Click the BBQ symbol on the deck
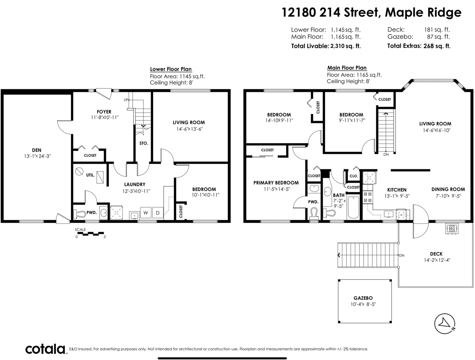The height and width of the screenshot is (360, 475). pyautogui.click(x=452, y=229)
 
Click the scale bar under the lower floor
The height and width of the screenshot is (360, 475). pyautogui.click(x=91, y=234)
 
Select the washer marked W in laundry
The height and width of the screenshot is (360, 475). pyautogui.click(x=146, y=213)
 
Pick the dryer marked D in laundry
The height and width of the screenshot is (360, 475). pyautogui.click(x=158, y=213)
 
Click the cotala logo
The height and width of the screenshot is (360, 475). pyautogui.click(x=45, y=349)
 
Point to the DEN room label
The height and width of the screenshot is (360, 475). pyautogui.click(x=37, y=150)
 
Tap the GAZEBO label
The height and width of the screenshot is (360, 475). pyautogui.click(x=363, y=298)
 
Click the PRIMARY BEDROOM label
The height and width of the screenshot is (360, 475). pyautogui.click(x=276, y=183)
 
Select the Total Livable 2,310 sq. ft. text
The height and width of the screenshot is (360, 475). pyautogui.click(x=326, y=46)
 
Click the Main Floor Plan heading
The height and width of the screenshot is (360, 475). pyautogui.click(x=347, y=68)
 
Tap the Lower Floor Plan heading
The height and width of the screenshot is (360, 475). pyautogui.click(x=171, y=69)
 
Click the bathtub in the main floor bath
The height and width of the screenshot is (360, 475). pyautogui.click(x=353, y=207)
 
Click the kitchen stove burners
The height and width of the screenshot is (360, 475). pyautogui.click(x=368, y=197)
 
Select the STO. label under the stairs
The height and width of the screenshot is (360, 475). pyautogui.click(x=144, y=143)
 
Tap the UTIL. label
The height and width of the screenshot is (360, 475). pyautogui.click(x=91, y=175)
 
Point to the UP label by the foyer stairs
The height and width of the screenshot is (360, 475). pyautogui.click(x=126, y=100)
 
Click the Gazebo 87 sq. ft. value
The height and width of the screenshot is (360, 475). pyautogui.click(x=438, y=37)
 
